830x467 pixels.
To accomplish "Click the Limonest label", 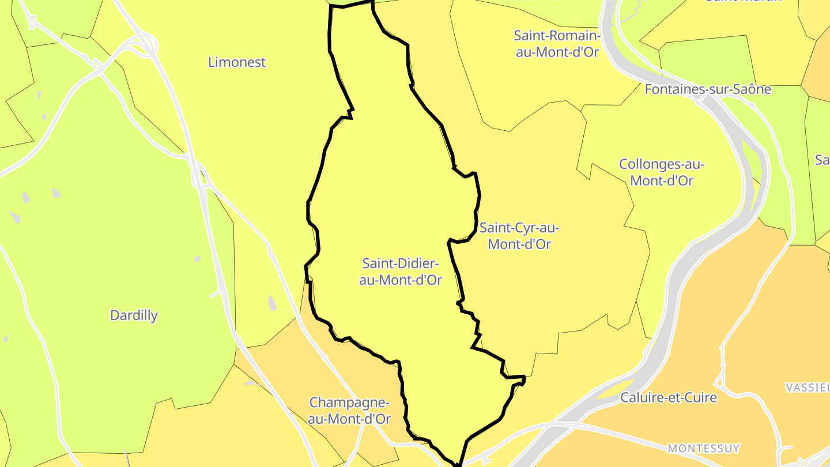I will coord(237,62).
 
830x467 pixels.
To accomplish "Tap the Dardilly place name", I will coord(134,315).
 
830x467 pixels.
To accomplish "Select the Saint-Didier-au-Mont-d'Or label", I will coord(401,272).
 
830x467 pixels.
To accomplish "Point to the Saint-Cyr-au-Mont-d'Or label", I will coord(519,236).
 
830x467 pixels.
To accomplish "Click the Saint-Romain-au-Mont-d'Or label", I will coord(557,44).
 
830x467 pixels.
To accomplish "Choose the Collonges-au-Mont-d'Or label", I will coord(662,172).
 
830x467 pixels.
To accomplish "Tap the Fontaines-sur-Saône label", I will coord(708,89).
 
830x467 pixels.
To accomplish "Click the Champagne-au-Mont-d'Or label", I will coord(349,410).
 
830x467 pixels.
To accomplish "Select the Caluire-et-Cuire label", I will coord(669,397).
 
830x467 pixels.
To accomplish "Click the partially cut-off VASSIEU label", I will coord(808,387).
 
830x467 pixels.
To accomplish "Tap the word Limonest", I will coord(237,62).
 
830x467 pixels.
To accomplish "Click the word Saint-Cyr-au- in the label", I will coord(519,228).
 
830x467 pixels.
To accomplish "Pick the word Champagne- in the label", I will coord(349,402).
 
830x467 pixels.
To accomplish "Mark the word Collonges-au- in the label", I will coord(662,164).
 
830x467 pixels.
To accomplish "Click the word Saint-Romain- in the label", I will coord(557,36).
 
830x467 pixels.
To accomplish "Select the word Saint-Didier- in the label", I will coord(401,263).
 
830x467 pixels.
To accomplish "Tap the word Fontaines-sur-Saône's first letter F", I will coord(648,89).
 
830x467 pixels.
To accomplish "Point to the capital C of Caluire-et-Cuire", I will coord(625,397).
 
